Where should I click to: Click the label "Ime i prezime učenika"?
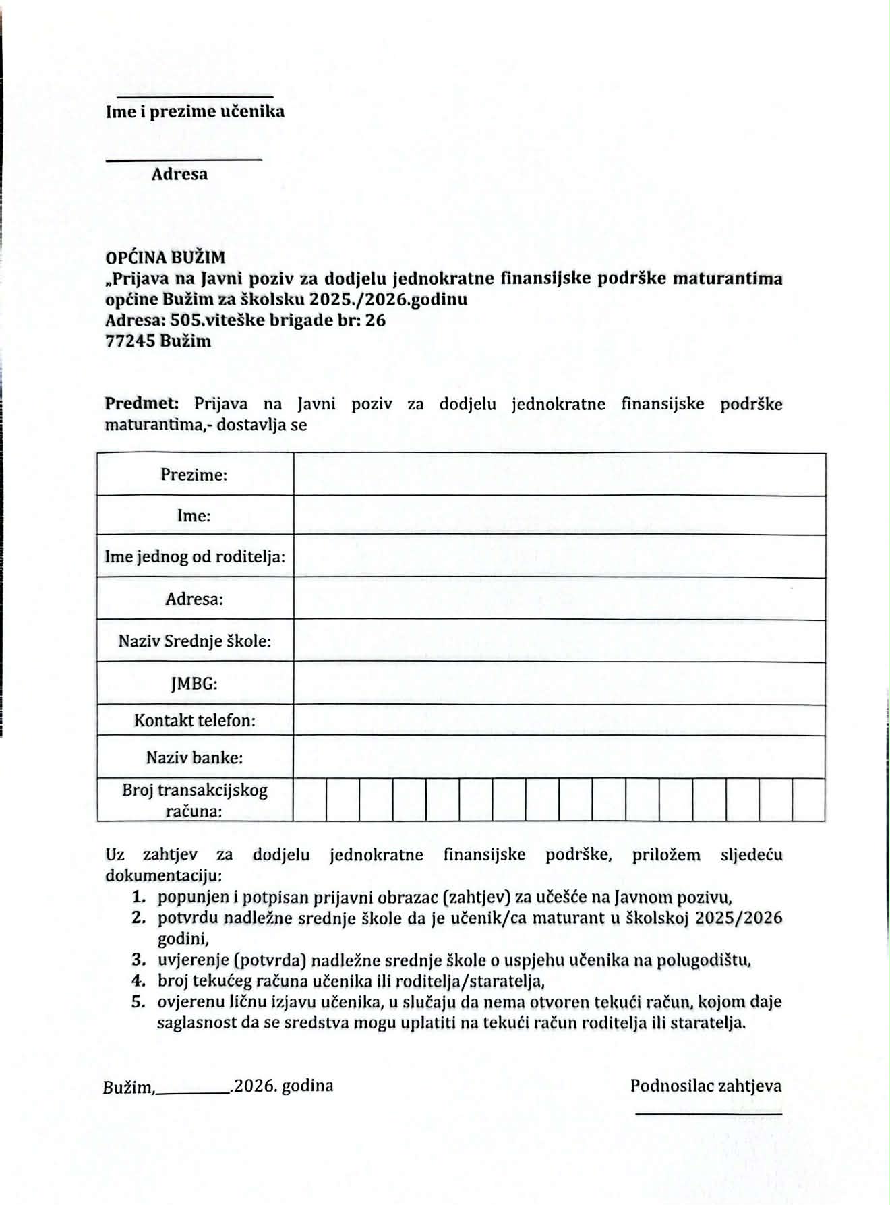(x=195, y=111)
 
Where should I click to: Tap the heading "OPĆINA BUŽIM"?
(x=165, y=257)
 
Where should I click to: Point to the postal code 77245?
(x=131, y=341)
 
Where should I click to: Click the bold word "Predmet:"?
(x=142, y=404)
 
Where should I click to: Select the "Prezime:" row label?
(x=194, y=475)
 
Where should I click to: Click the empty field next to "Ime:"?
(x=560, y=516)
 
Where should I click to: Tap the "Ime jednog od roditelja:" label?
(x=194, y=557)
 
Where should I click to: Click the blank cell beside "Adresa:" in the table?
(x=560, y=599)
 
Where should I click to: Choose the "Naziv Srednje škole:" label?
(x=194, y=641)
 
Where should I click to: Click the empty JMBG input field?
(x=560, y=683)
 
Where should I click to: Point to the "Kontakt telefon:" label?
(x=194, y=720)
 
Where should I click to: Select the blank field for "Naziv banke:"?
(x=560, y=757)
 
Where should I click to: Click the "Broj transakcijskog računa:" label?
(x=194, y=800)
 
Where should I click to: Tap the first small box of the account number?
(x=310, y=800)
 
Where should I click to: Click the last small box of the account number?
(x=808, y=800)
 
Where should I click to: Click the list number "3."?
(x=139, y=960)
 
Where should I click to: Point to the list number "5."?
(x=139, y=1001)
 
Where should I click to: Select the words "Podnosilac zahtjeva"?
(x=705, y=1086)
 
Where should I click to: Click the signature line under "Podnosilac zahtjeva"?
(x=708, y=1114)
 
